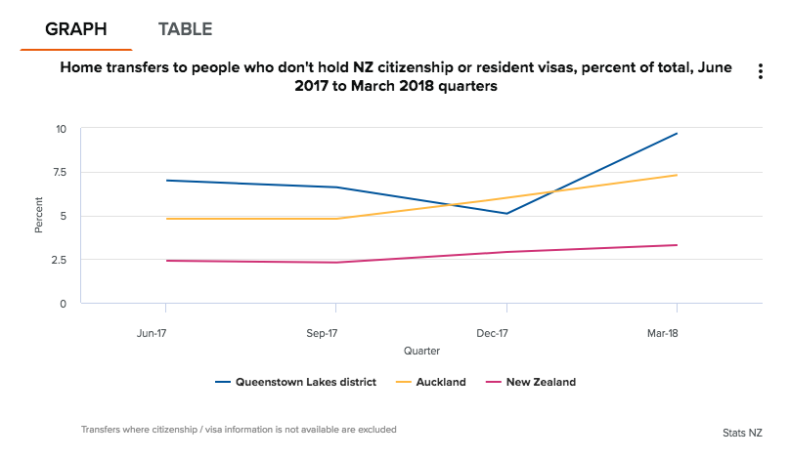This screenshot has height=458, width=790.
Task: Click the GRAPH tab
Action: pyautogui.click(x=76, y=29)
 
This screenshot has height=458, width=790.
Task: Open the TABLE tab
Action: pyautogui.click(x=185, y=29)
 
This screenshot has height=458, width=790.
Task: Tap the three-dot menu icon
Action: pyautogui.click(x=760, y=72)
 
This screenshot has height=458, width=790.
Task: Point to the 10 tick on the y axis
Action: pyautogui.click(x=61, y=129)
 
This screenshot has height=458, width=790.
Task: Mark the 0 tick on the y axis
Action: pyautogui.click(x=63, y=304)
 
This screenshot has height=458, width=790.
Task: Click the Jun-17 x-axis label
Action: pyautogui.click(x=153, y=333)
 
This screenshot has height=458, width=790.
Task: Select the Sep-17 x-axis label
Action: pyautogui.click(x=321, y=333)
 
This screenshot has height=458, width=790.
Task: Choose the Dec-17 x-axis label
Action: pyautogui.click(x=492, y=333)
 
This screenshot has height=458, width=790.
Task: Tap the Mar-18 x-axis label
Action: pyautogui.click(x=662, y=333)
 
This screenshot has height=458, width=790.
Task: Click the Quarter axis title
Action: pyautogui.click(x=421, y=350)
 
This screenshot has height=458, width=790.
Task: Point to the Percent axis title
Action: pyautogui.click(x=39, y=215)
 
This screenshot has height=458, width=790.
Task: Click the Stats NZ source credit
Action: pyautogui.click(x=742, y=432)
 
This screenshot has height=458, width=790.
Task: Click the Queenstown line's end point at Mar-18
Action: pyautogui.click(x=677, y=134)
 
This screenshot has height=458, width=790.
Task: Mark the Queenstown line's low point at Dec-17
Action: pyautogui.click(x=506, y=214)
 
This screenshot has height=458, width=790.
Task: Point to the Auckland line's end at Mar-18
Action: pyautogui.click(x=677, y=175)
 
